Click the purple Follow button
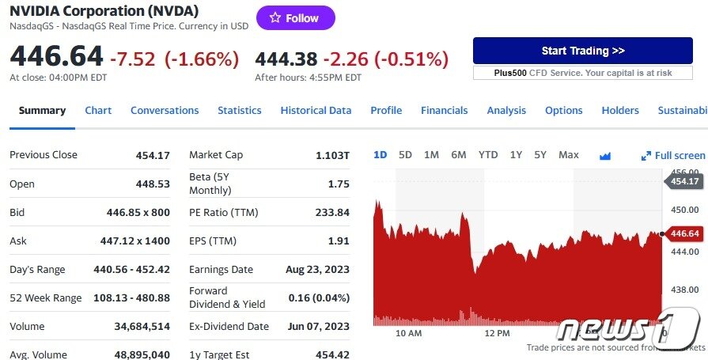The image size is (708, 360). pyautogui.click(x=295, y=18)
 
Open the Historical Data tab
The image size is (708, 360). pyautogui.click(x=316, y=111)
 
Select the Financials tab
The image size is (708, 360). pyautogui.click(x=444, y=111)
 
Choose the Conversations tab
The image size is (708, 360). pyautogui.click(x=165, y=111)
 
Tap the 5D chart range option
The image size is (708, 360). pyautogui.click(x=405, y=155)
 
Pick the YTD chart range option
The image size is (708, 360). pyautogui.click(x=488, y=155)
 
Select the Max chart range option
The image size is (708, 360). pyautogui.click(x=568, y=155)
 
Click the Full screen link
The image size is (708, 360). pyautogui.click(x=673, y=156)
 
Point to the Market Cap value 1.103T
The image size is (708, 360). pyautogui.click(x=332, y=156)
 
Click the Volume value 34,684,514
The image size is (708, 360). pyautogui.click(x=142, y=327)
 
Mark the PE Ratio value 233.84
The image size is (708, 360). pyautogui.click(x=332, y=213)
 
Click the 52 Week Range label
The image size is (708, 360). pyautogui.click(x=45, y=298)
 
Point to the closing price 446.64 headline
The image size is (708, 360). pyautogui.click(x=56, y=57)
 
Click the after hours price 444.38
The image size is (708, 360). pyautogui.click(x=286, y=59)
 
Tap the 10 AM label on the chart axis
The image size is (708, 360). pyautogui.click(x=408, y=333)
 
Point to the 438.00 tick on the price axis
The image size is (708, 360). pyautogui.click(x=685, y=290)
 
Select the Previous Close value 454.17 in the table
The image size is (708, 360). pyautogui.click(x=153, y=156)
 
